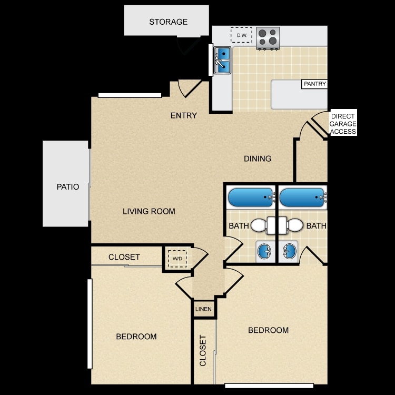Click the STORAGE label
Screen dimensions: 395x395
tap(169, 22)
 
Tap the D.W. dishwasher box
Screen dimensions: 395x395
tap(241, 35)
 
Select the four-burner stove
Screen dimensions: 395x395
tap(268, 38)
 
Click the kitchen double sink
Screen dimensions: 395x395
tap(222, 60)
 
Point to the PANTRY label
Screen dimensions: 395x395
tap(314, 84)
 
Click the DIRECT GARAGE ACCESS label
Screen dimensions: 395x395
tap(343, 124)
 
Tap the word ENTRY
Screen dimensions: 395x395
tap(184, 115)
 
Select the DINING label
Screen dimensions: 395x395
tap(258, 159)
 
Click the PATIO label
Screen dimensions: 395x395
tap(68, 186)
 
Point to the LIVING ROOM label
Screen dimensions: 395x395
tap(149, 211)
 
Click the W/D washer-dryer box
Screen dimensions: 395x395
tap(177, 259)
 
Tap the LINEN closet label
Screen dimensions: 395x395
tap(203, 309)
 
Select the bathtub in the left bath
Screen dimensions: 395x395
tap(251, 197)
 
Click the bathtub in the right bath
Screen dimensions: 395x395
tap(302, 197)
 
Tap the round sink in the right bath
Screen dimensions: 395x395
tap(289, 251)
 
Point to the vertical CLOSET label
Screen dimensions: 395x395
tap(203, 350)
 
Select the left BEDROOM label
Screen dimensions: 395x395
tap(136, 337)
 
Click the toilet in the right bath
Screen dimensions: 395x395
tap(291, 225)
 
